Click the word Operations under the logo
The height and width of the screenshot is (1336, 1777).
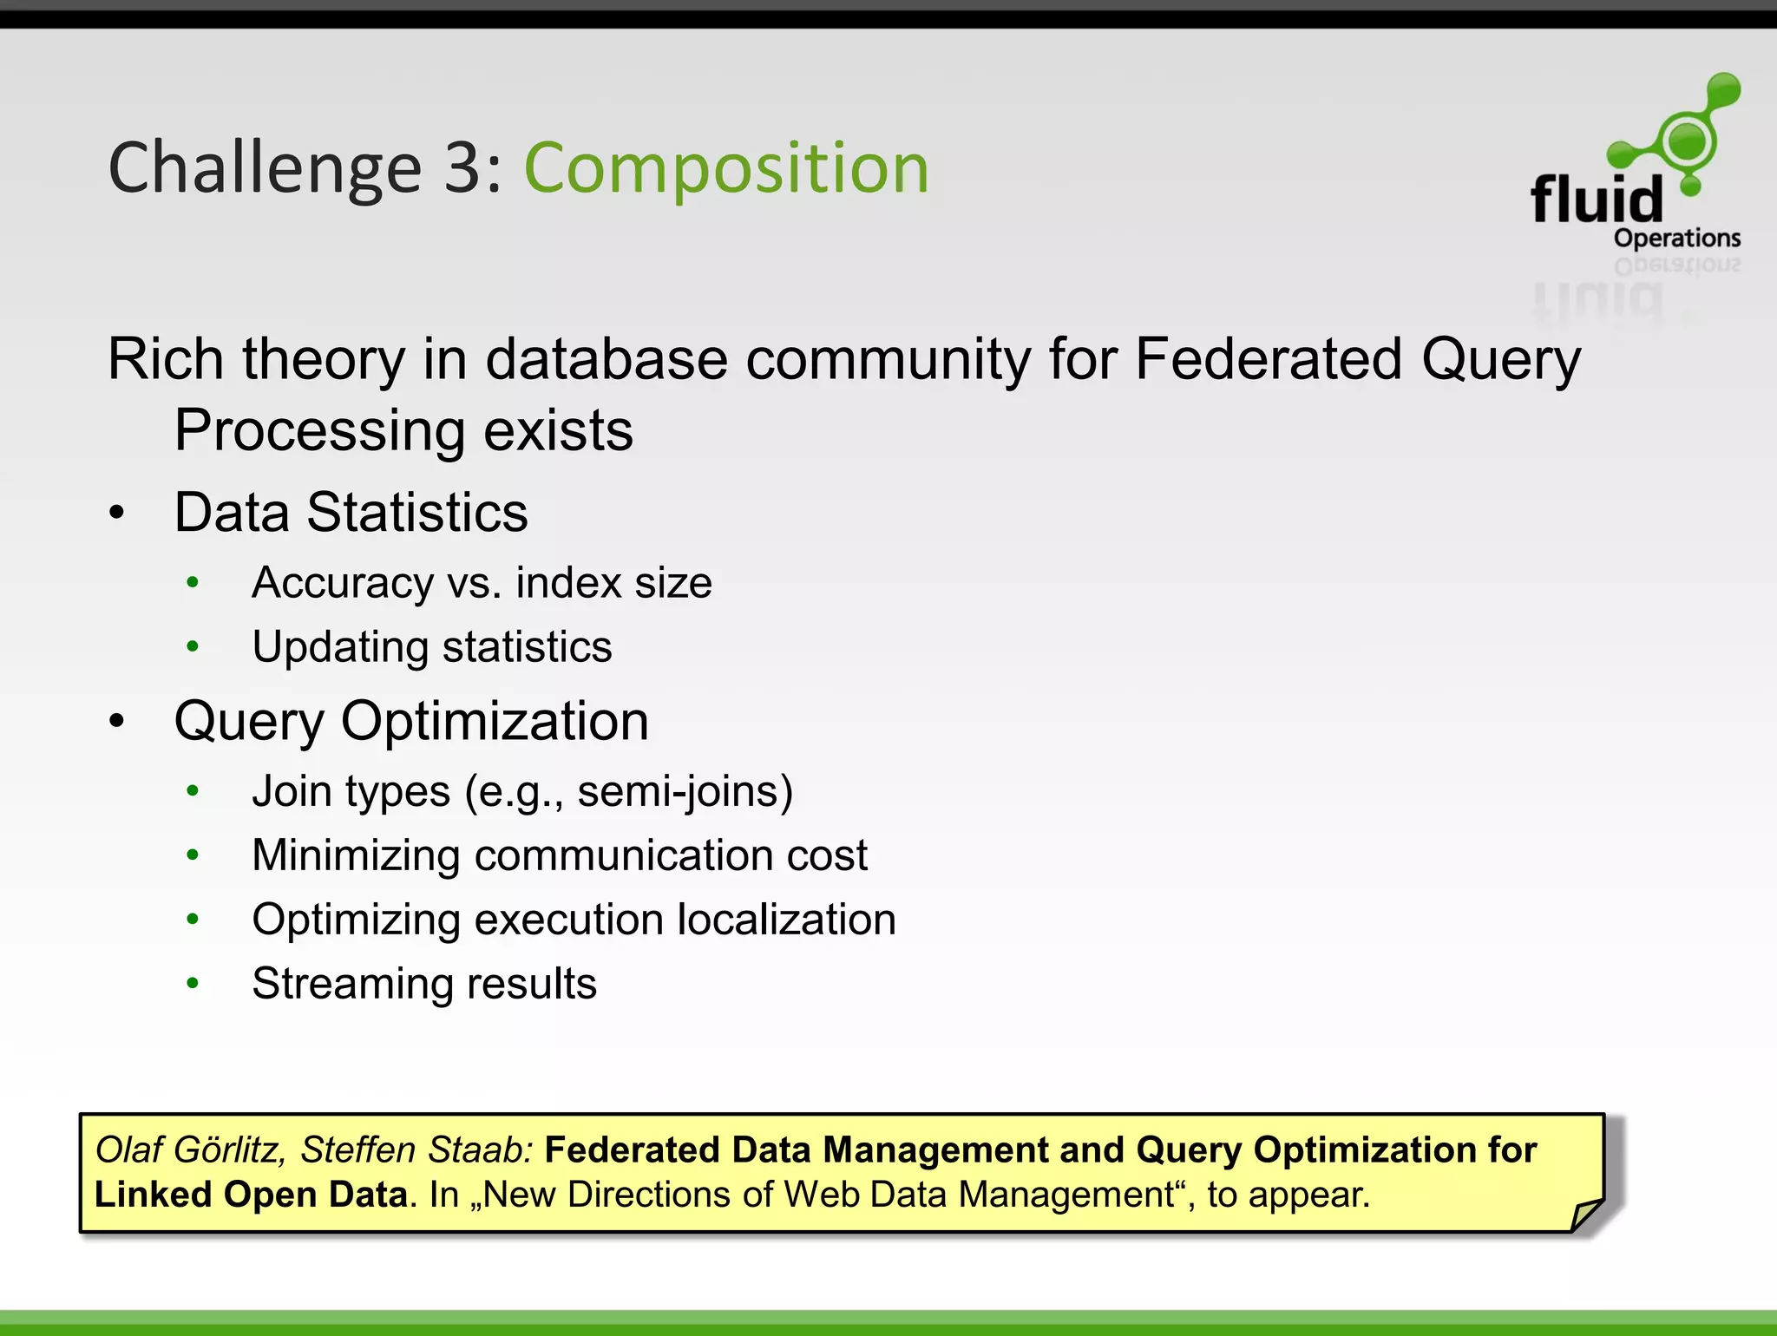pyautogui.click(x=1676, y=238)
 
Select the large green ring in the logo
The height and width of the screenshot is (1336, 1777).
pyautogui.click(x=1687, y=140)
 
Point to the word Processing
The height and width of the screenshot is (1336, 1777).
pyautogui.click(x=320, y=431)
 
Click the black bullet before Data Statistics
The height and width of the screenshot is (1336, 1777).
pyautogui.click(x=117, y=513)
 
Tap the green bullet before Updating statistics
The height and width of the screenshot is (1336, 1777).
pyautogui.click(x=193, y=646)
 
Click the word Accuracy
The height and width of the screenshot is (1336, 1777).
pyautogui.click(x=343, y=583)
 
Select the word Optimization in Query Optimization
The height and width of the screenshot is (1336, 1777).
pyautogui.click(x=494, y=721)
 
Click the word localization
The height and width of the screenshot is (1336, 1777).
pyautogui.click(x=786, y=920)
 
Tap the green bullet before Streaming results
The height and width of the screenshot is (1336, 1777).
pyautogui.click(x=193, y=983)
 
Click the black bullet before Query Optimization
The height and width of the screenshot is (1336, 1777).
pyautogui.click(x=117, y=721)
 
